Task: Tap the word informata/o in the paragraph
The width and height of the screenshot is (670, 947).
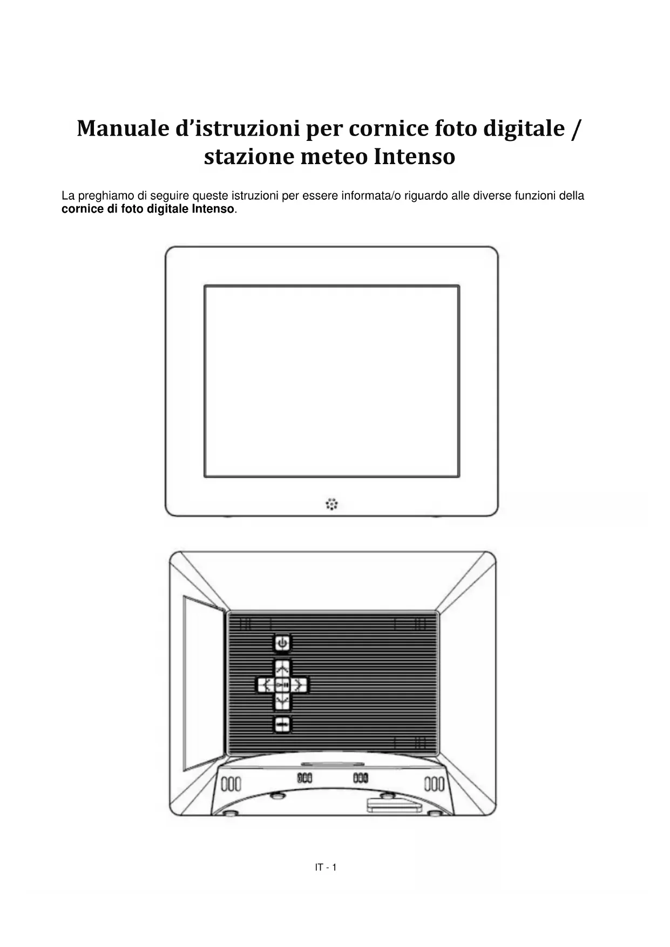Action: pyautogui.click(x=371, y=196)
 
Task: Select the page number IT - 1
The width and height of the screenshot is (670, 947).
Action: pyautogui.click(x=326, y=868)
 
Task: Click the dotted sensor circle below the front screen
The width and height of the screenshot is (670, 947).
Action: pyautogui.click(x=332, y=504)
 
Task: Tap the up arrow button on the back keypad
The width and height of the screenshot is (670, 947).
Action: pyautogui.click(x=282, y=668)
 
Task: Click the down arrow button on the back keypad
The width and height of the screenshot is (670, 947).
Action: pyautogui.click(x=282, y=702)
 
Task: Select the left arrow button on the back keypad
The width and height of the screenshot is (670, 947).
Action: pyautogui.click(x=265, y=686)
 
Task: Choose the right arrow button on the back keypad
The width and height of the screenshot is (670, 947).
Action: pyautogui.click(x=300, y=686)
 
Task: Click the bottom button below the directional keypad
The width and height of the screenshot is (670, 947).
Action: pyautogui.click(x=282, y=724)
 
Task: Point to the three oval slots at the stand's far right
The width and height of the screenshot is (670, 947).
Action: pyautogui.click(x=434, y=783)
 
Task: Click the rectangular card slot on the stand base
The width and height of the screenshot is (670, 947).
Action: pyautogui.click(x=394, y=806)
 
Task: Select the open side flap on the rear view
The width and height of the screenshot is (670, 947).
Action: pyautogui.click(x=203, y=683)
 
